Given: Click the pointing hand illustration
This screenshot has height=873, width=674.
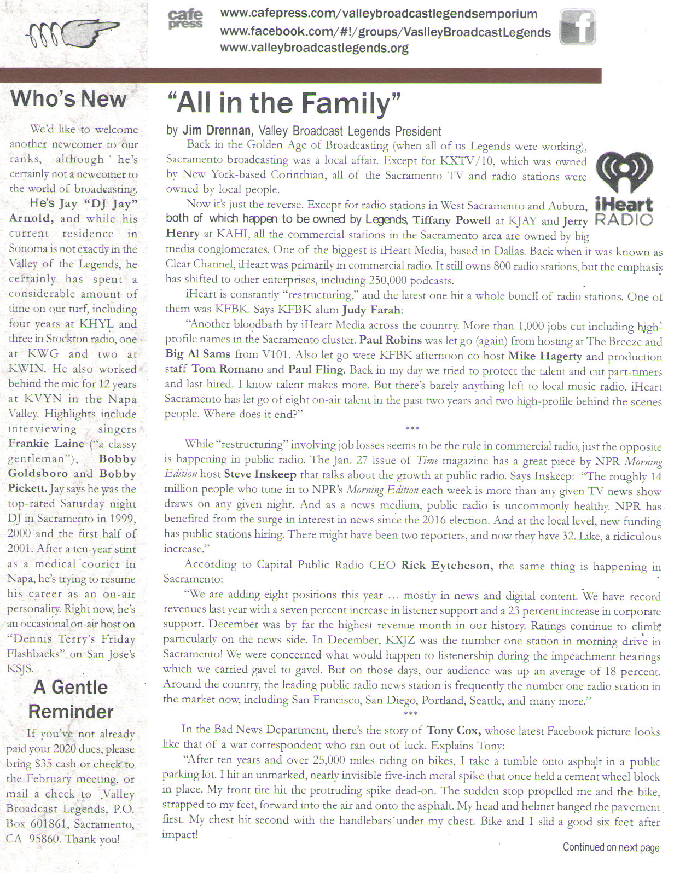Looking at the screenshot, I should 73,34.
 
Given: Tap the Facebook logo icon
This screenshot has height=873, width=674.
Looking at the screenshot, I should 578,27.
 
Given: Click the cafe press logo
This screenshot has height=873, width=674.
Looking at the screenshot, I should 185,20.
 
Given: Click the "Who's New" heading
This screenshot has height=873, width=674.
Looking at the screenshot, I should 68,98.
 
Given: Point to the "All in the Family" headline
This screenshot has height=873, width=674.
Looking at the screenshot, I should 283,103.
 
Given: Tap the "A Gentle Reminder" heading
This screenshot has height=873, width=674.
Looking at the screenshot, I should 71,699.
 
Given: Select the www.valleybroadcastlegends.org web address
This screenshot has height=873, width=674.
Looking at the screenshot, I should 314,48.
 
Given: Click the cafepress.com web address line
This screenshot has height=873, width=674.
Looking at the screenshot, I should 378,14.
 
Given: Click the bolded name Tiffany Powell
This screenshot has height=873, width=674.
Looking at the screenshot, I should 451,220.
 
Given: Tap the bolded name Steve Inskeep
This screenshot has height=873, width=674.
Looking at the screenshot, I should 260,474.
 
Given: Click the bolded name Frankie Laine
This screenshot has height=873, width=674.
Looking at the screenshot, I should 47,444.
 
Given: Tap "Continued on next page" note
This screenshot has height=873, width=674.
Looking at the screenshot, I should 611,847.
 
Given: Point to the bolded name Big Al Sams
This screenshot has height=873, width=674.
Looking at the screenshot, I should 198,354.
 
